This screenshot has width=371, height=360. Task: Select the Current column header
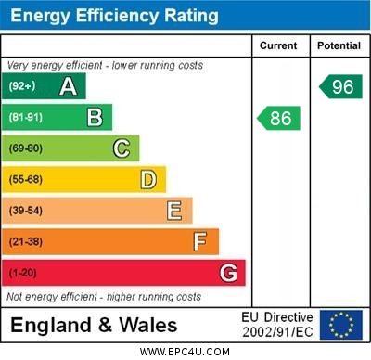point(278,45)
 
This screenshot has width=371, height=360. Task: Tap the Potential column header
point(339,45)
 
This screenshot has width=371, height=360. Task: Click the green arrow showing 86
point(279,118)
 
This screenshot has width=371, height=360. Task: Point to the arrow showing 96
point(341,86)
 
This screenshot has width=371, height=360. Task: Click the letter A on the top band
point(68,86)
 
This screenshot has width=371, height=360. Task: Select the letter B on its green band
point(95,118)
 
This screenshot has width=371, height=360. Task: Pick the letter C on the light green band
point(121,148)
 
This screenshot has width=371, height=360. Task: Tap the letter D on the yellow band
point(147,179)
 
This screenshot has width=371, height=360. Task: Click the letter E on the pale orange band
point(173,211)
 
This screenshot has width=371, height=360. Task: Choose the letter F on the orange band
point(199,241)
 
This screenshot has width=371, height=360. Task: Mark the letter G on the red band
point(227,273)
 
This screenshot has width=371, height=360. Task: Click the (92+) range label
point(23,86)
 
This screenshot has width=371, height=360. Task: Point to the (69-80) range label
point(26,148)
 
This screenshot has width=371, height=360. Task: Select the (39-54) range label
point(26,211)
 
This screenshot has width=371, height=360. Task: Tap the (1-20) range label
point(23,273)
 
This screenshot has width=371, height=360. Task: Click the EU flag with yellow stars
point(340,325)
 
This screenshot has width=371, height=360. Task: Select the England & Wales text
point(94,326)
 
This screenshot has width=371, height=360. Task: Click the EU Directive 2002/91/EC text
point(277,325)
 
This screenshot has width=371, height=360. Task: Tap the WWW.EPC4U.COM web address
point(185,352)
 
